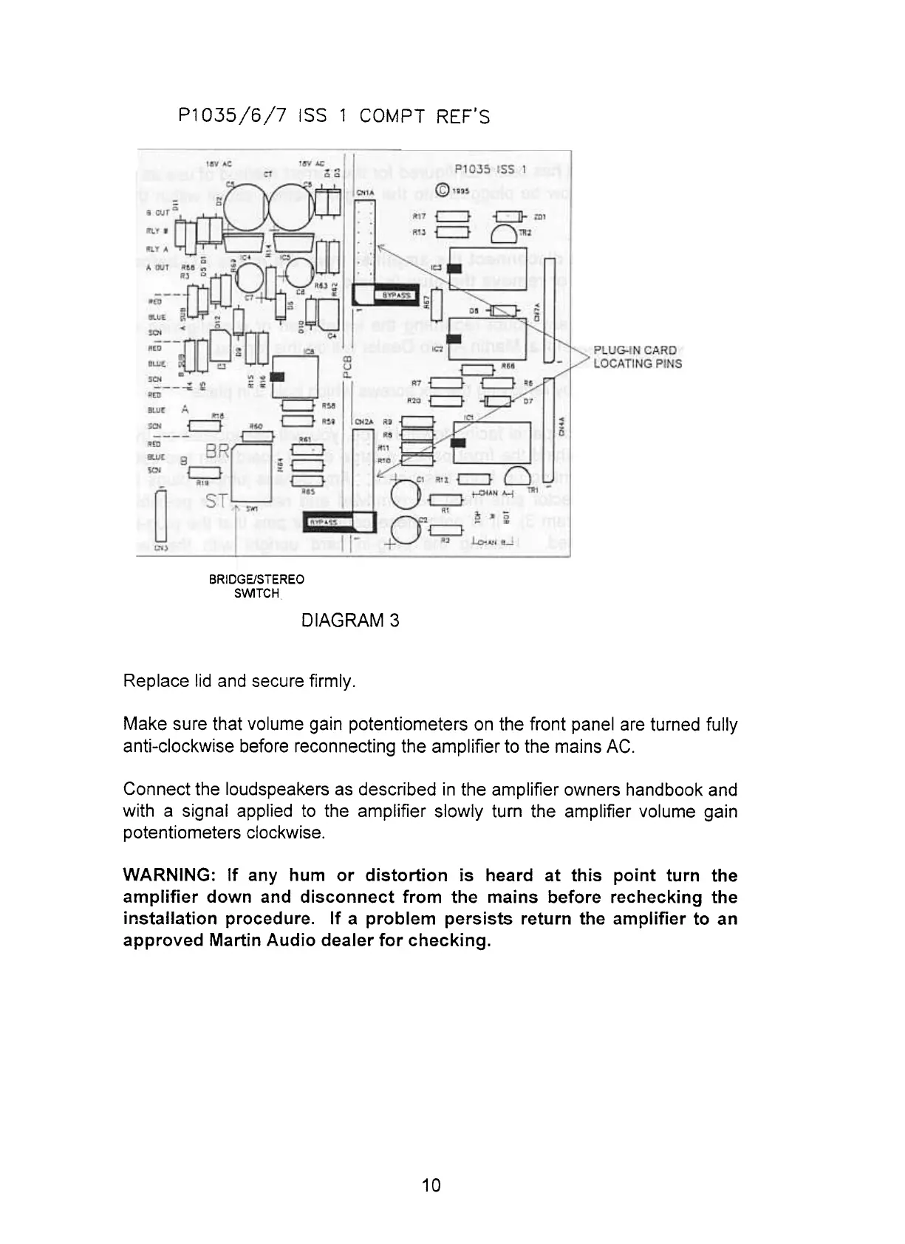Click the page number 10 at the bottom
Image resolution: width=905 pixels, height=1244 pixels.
coord(431,1186)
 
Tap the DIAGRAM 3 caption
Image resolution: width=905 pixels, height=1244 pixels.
coord(350,621)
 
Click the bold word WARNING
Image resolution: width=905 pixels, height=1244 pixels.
coord(168,875)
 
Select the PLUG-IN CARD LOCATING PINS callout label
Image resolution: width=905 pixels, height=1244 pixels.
coord(638,357)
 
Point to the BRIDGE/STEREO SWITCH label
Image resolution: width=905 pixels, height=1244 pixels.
coord(256,586)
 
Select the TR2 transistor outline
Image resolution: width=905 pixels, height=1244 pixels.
coord(505,235)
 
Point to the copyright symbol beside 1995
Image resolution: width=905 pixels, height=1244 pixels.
coord(443,189)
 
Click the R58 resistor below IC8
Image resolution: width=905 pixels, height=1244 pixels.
coord(299,404)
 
